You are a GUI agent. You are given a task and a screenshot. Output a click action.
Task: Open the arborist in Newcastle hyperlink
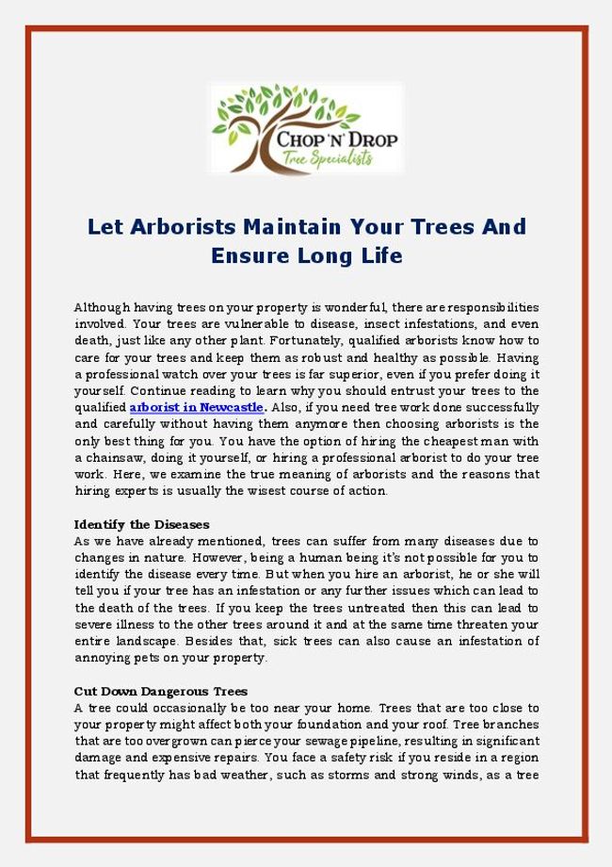(197, 408)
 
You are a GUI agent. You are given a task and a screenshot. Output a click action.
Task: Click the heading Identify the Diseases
(141, 524)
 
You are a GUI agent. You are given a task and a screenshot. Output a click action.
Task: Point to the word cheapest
(426, 441)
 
